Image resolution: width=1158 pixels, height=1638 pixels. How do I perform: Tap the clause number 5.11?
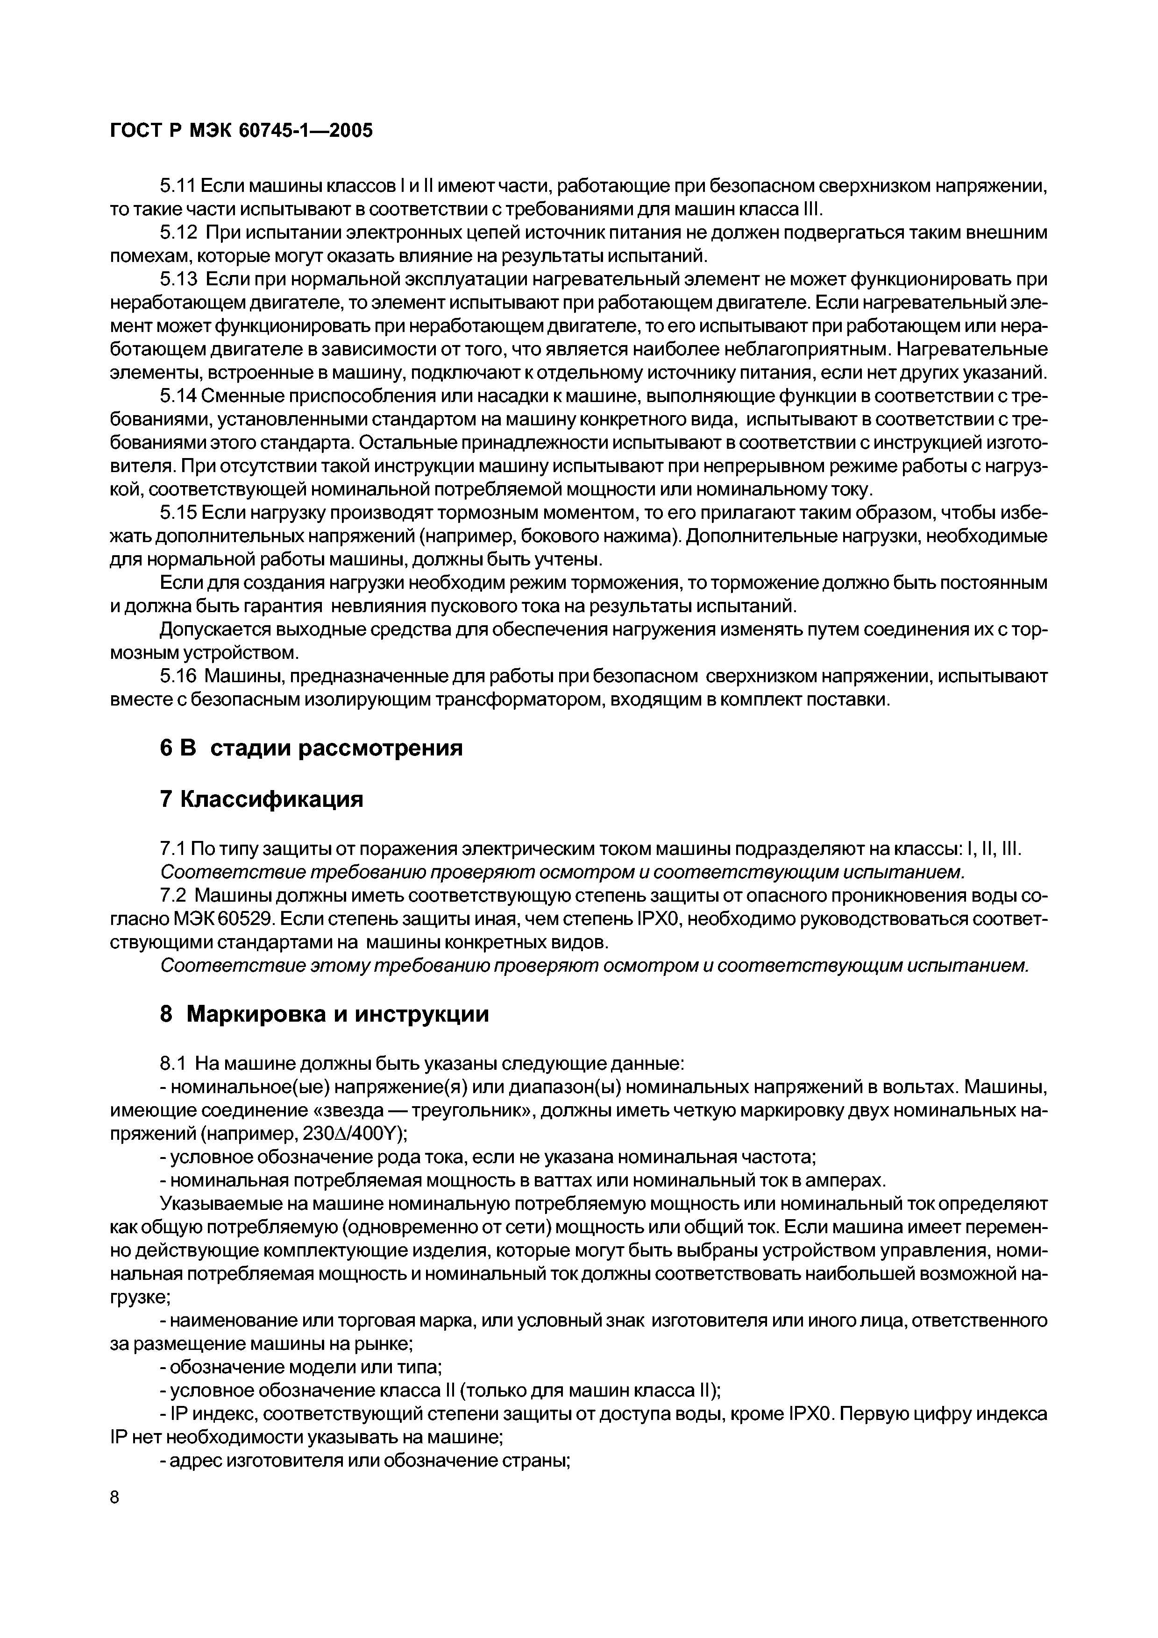(177, 187)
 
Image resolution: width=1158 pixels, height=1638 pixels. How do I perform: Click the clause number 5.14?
(177, 396)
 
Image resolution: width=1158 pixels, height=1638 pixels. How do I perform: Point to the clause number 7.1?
(173, 850)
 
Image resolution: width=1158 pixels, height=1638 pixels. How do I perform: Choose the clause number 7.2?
(173, 896)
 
